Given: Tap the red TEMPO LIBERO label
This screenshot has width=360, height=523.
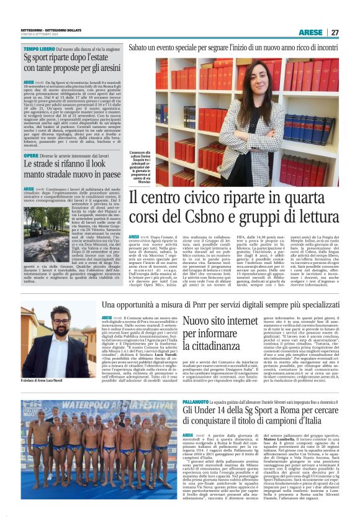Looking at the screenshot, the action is (x=39, y=48).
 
